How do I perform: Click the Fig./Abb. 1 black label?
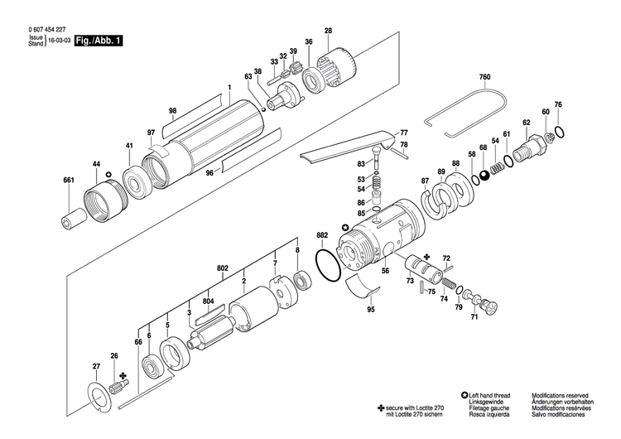(x=98, y=40)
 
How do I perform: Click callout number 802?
(x=222, y=268)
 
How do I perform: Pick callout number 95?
(x=370, y=309)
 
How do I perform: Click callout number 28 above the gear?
(x=328, y=31)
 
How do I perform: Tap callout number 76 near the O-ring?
(x=557, y=104)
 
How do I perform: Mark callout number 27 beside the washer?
(x=96, y=366)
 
